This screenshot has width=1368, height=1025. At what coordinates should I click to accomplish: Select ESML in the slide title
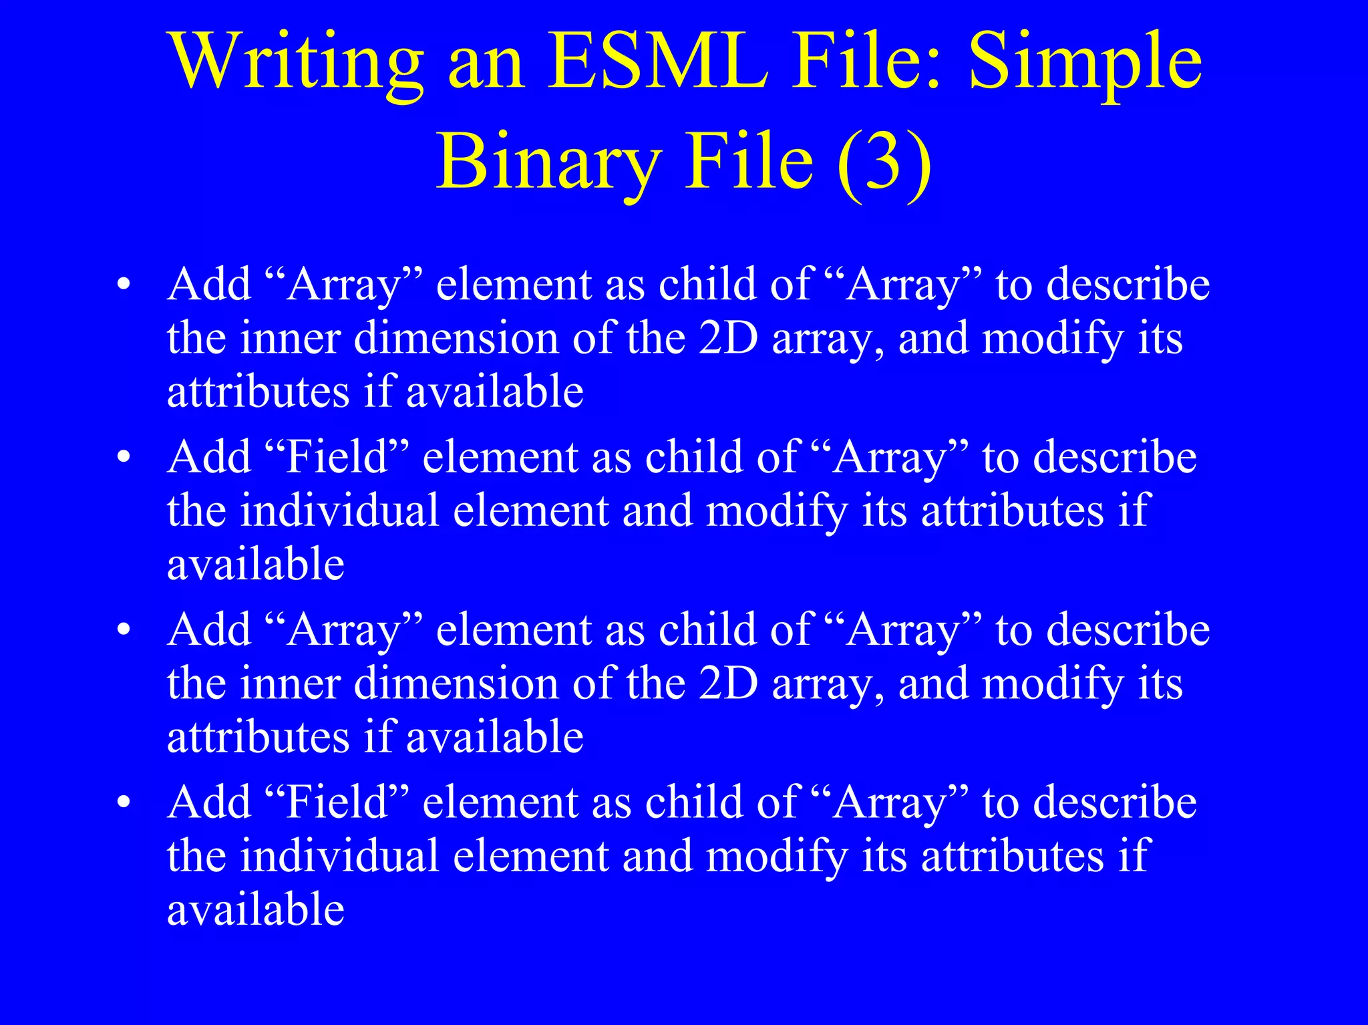658,61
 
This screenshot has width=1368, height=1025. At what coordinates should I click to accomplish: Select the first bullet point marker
123,285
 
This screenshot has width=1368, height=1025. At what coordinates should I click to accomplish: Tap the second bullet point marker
123,458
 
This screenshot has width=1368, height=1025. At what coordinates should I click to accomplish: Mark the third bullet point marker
123,630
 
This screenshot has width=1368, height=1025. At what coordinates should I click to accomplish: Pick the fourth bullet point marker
123,802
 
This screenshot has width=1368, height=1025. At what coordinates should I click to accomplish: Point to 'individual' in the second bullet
339,511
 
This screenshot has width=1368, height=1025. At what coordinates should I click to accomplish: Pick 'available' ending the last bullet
256,910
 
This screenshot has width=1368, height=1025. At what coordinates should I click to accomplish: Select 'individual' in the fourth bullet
339,857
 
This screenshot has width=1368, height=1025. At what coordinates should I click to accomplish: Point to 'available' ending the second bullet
256,565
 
